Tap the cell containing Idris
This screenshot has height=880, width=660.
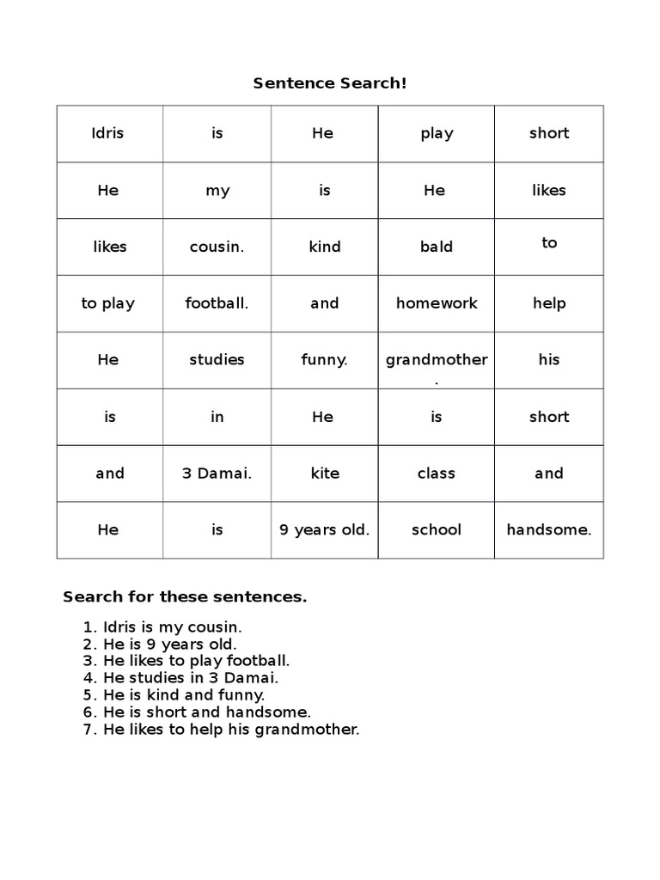pyautogui.click(x=107, y=133)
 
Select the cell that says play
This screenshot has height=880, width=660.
pyautogui.click(x=437, y=133)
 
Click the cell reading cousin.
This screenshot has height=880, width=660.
pyautogui.click(x=217, y=247)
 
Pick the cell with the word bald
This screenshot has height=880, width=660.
pyautogui.click(x=437, y=247)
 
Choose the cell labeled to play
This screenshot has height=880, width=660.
pyautogui.click(x=107, y=303)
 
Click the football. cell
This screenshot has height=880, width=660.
pyautogui.click(x=217, y=303)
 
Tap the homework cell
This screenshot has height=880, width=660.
pyautogui.click(x=437, y=303)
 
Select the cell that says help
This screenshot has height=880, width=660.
pyautogui.click(x=548, y=303)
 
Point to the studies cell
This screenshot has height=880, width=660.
pyautogui.click(x=217, y=360)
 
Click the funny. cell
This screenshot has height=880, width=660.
pyautogui.click(x=324, y=360)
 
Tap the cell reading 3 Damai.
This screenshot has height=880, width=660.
pyautogui.click(x=217, y=474)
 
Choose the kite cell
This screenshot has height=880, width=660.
pyautogui.click(x=324, y=474)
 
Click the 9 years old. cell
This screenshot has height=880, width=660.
pyautogui.click(x=324, y=530)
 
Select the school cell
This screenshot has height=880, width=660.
pyautogui.click(x=437, y=530)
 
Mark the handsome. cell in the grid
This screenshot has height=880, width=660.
pyautogui.click(x=548, y=530)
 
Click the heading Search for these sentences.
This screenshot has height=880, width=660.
pyautogui.click(x=185, y=596)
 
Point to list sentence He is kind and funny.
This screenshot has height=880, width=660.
pyautogui.click(x=183, y=694)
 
